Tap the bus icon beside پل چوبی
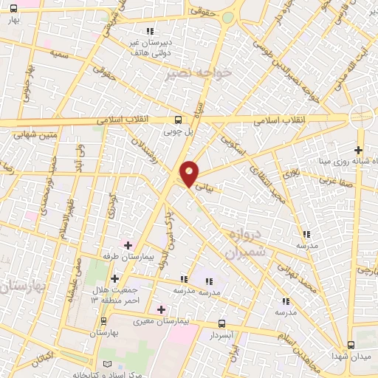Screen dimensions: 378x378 (177, 120)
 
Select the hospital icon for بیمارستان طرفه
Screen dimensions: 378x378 (128, 245)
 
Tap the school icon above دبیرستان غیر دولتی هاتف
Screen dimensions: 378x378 (150, 31)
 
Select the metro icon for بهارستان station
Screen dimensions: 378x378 (103, 321)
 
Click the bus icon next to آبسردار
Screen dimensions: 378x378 (222, 323)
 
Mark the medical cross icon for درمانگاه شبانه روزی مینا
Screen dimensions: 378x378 (359, 150)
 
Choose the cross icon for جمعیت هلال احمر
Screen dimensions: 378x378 (114, 278)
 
